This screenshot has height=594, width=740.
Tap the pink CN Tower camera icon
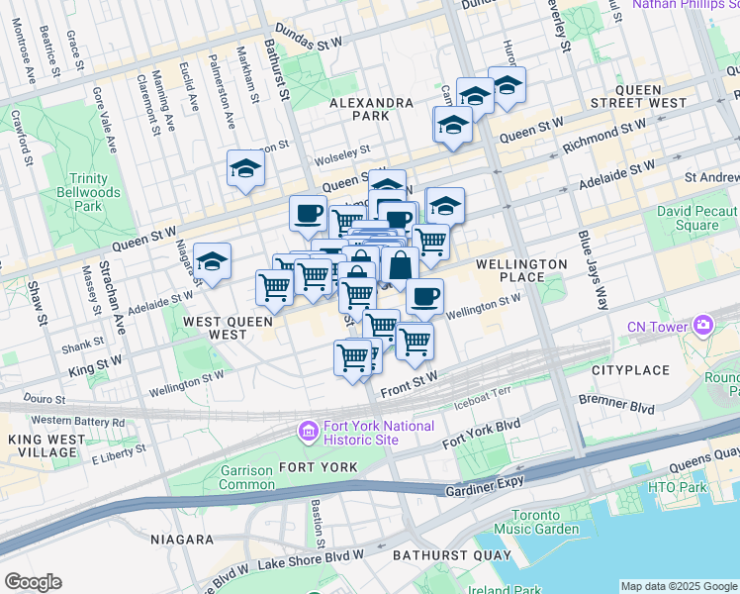pos(703,324)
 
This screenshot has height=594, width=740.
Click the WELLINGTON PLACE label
pos(521,270)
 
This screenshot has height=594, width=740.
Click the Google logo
pos(33,582)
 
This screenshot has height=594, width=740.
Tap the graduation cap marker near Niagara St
pos(213,262)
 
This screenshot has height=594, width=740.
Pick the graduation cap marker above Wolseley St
pos(245,169)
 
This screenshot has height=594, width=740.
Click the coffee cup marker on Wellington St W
pos(424,295)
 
